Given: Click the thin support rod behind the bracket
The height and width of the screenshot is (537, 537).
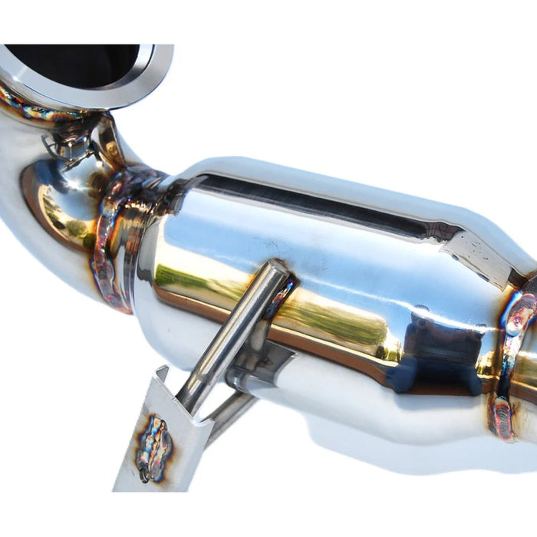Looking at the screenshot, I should (x=230, y=410).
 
